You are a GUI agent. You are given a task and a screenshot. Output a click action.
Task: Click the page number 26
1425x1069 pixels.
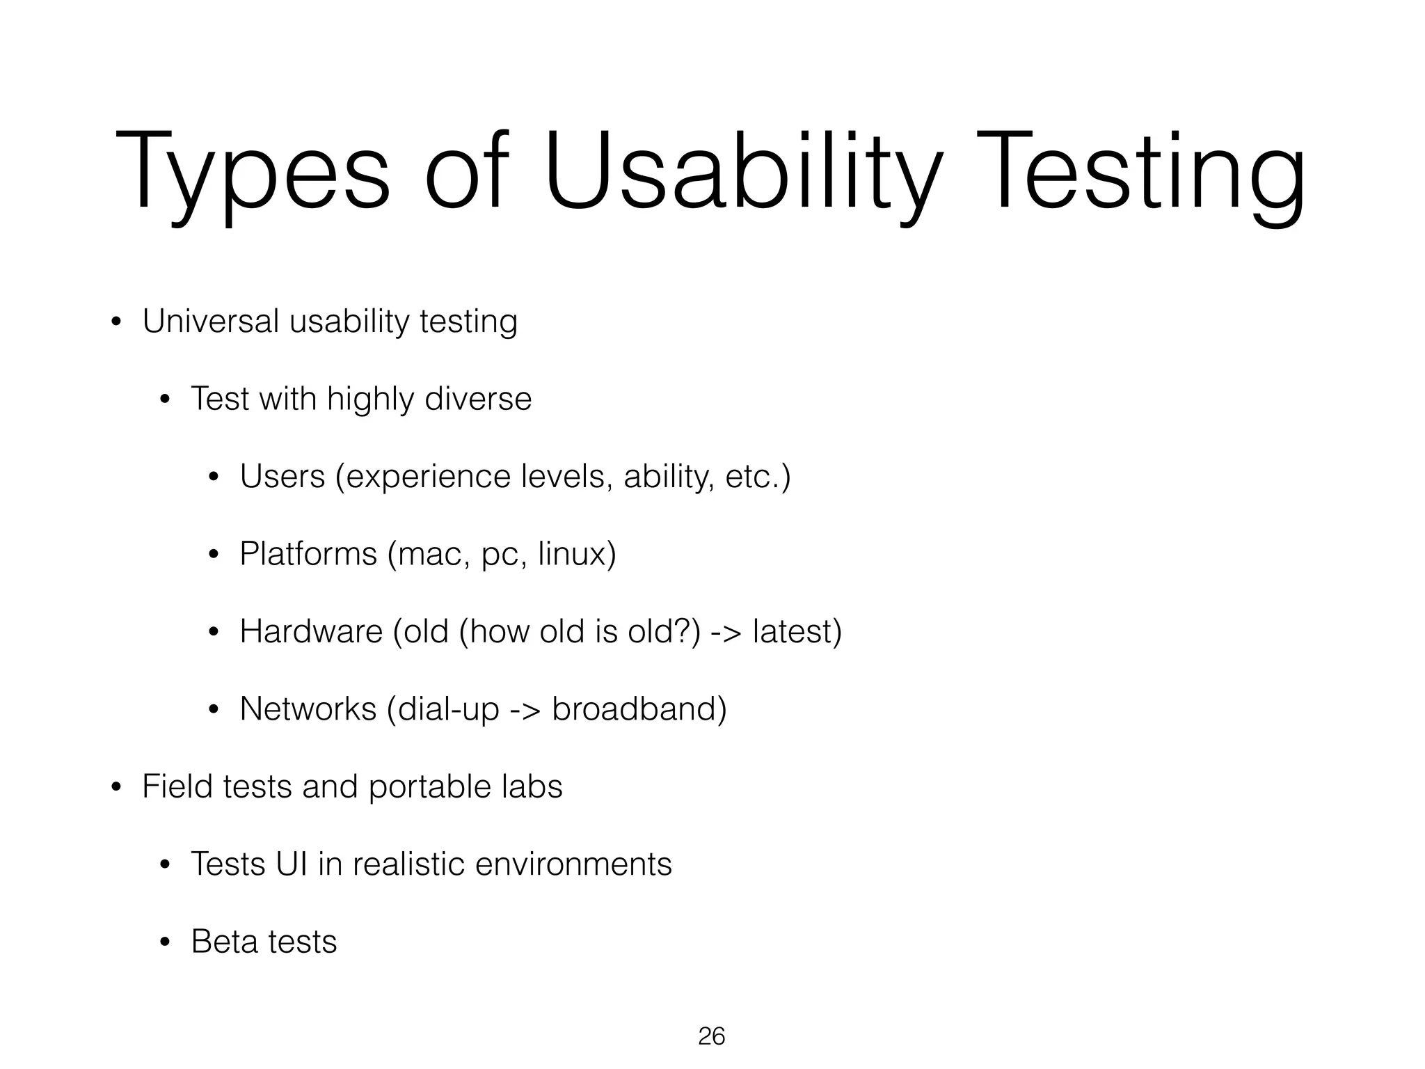(x=711, y=1036)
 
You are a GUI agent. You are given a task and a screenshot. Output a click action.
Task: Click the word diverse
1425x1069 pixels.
(x=478, y=399)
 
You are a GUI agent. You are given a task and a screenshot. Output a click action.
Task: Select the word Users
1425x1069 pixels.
(x=282, y=477)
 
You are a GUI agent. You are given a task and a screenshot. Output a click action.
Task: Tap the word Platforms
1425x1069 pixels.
(x=308, y=555)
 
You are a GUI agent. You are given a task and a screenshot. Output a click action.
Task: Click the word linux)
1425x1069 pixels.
(x=578, y=555)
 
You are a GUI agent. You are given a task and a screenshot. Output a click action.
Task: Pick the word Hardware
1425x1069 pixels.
(x=311, y=632)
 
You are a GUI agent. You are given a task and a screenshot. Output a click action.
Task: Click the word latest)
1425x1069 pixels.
(x=797, y=632)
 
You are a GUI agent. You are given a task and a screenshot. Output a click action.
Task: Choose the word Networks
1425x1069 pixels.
(x=308, y=709)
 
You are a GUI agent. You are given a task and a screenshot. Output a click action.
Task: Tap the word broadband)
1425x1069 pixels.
(x=639, y=709)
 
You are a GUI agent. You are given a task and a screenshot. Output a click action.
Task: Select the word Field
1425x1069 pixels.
(x=177, y=787)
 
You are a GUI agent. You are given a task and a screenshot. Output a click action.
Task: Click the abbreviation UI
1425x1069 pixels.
(x=292, y=864)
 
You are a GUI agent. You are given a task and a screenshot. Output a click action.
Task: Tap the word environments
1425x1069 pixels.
(x=573, y=864)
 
